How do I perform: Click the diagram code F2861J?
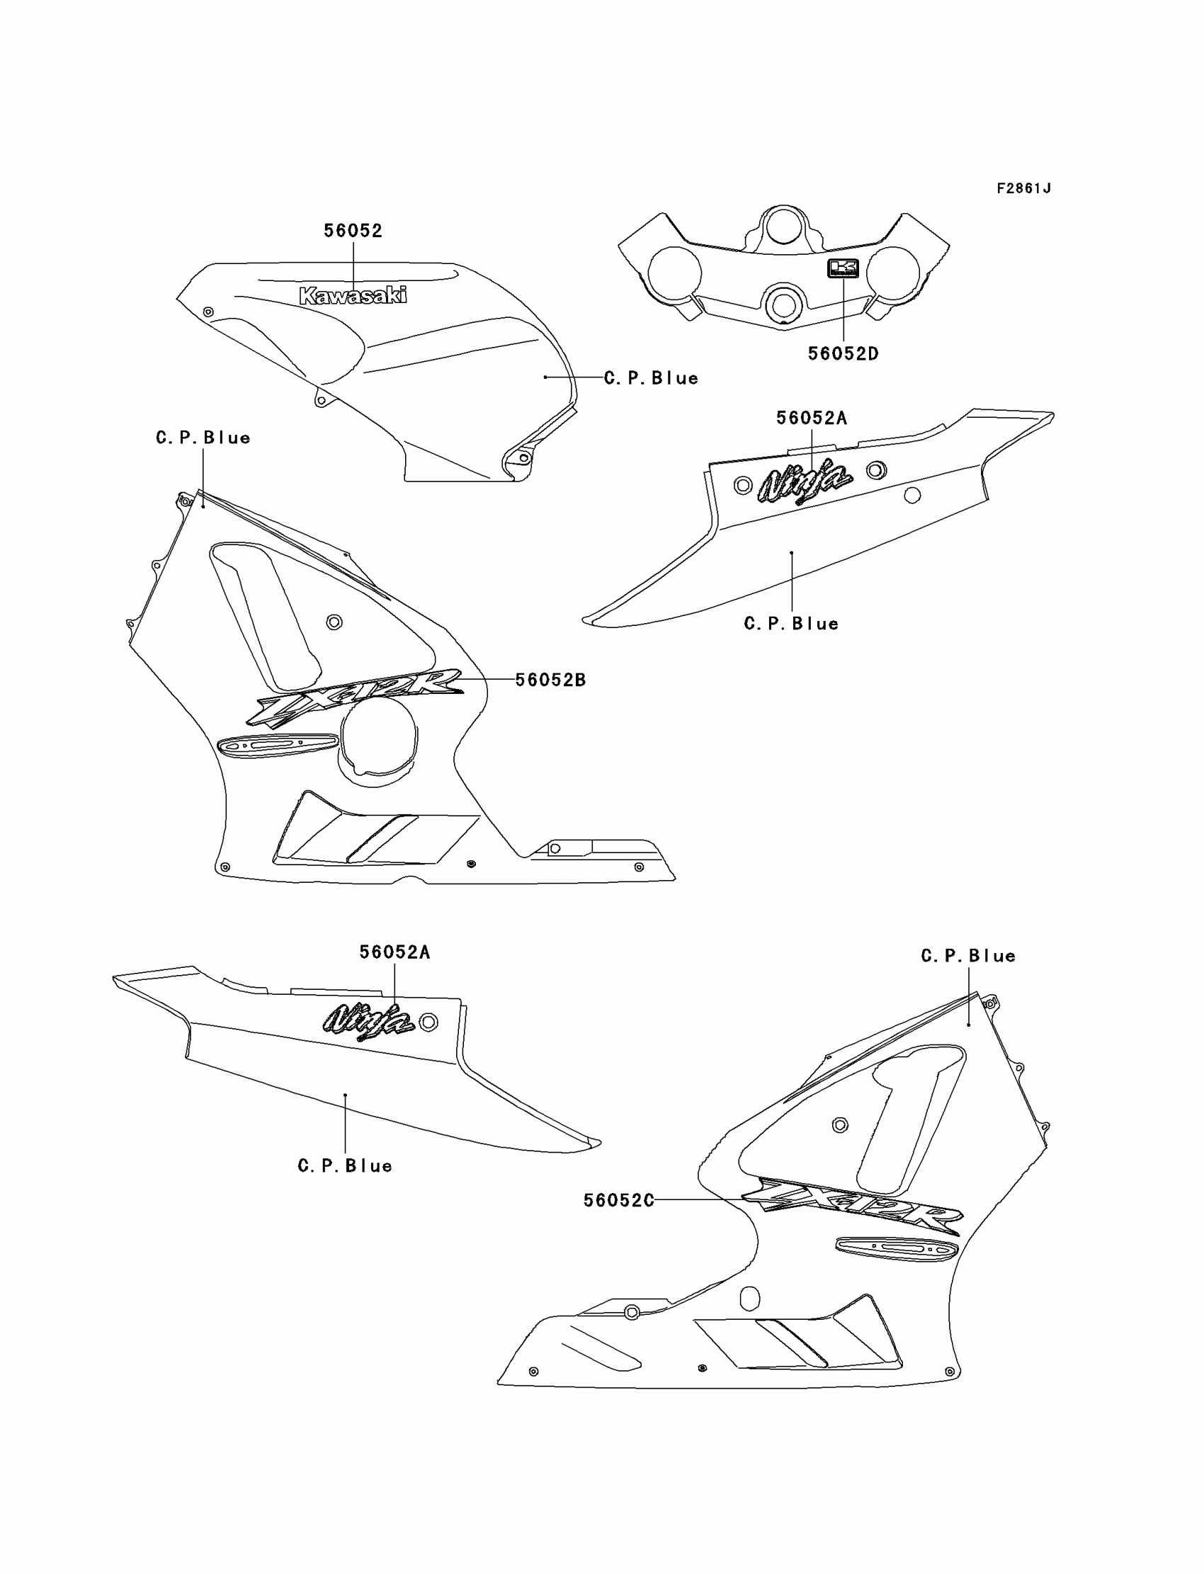1023,188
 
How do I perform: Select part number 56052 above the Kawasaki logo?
353,231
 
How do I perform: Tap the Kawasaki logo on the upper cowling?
353,295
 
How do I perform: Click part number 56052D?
843,354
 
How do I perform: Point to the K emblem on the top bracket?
843,268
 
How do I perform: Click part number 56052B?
550,680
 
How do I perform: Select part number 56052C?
618,1200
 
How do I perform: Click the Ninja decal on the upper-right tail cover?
805,481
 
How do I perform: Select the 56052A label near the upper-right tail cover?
811,418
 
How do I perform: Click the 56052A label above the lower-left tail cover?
394,952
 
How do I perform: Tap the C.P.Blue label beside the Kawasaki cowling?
651,378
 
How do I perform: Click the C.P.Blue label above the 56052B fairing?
203,438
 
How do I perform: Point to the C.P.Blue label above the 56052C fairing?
967,956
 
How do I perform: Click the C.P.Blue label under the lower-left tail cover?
345,1165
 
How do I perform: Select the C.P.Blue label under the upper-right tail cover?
791,623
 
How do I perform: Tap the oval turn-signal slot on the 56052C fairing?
897,1249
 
